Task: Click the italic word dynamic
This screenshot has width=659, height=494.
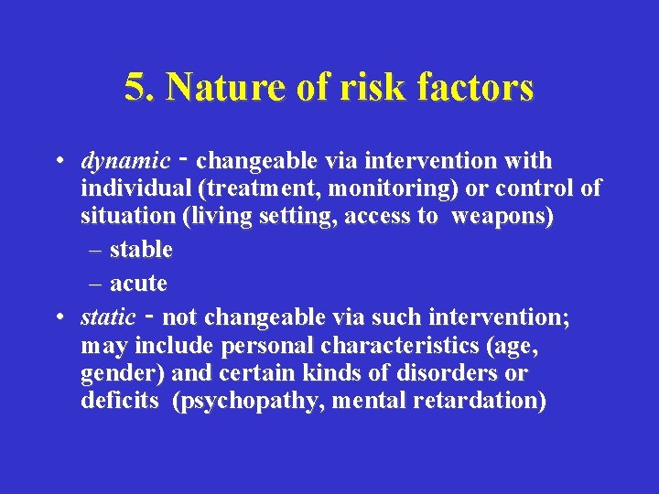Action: [x=125, y=162]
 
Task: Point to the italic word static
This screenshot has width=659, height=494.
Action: [x=108, y=317]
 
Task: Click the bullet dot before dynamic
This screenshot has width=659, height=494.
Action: [x=58, y=162]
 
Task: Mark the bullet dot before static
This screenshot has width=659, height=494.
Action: [x=58, y=317]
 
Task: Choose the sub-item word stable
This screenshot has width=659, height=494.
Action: [x=141, y=249]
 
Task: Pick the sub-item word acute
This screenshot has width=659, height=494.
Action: [x=138, y=284]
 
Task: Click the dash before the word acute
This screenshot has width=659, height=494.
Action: [x=99, y=284]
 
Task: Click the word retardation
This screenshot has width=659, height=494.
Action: [x=486, y=401]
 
